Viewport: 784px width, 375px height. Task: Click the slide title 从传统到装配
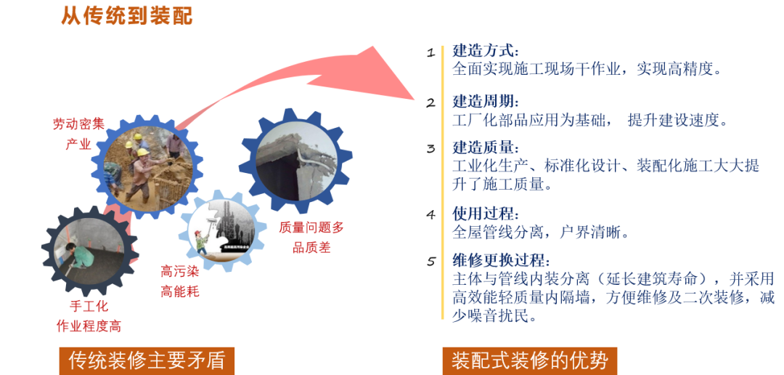coord(127,15)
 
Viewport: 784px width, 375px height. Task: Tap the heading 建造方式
coord(485,51)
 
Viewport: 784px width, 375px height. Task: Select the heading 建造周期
coord(485,102)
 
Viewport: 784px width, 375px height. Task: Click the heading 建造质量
coord(485,148)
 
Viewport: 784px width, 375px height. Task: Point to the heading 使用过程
coord(485,214)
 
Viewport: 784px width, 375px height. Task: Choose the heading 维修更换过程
coord(501,260)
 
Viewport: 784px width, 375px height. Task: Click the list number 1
coord(430,52)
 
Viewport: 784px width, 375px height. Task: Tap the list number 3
coord(430,149)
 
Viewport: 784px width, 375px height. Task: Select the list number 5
coord(430,262)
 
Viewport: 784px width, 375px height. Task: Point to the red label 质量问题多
coord(311,227)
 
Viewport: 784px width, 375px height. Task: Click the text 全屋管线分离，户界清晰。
coord(541,233)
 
